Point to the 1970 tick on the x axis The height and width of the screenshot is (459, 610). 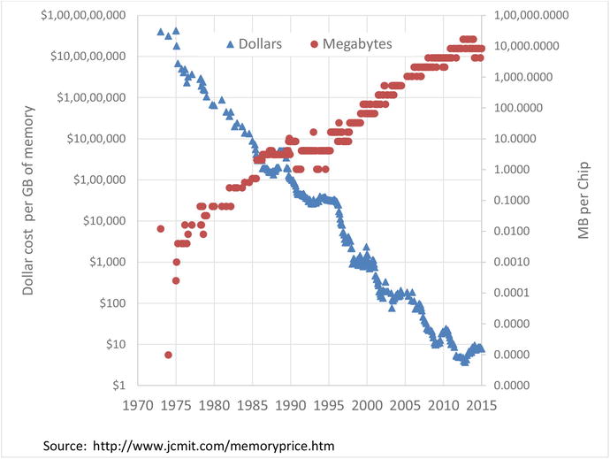tap(136, 408)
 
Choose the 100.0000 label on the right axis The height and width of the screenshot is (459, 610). tap(519, 107)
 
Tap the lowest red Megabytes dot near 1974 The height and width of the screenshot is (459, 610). tap(168, 355)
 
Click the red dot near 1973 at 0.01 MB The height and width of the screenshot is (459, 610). tap(161, 229)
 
